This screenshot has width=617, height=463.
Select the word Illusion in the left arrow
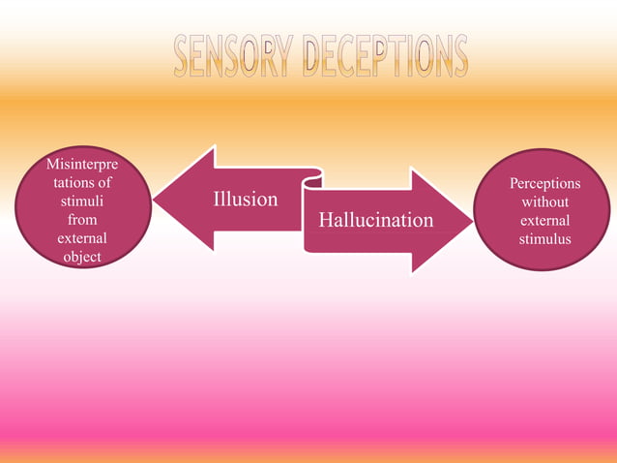click(x=246, y=200)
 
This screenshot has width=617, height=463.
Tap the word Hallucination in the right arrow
click(x=376, y=221)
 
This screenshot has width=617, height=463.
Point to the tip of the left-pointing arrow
click(x=156, y=200)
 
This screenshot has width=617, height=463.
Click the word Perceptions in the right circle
click(x=544, y=183)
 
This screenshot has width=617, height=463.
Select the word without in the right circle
click(x=544, y=201)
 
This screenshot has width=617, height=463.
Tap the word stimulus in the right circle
click(x=544, y=238)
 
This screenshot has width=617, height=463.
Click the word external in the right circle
click(x=544, y=220)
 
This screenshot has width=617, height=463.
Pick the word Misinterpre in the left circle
click(x=82, y=165)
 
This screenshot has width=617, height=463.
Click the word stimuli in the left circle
click(x=82, y=201)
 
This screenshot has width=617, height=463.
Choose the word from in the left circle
click(x=82, y=220)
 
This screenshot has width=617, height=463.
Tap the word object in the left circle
click(x=82, y=257)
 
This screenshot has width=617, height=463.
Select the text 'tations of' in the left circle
click(x=82, y=183)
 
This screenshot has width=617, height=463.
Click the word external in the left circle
click(x=82, y=238)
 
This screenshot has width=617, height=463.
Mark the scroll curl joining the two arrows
click(x=312, y=178)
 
